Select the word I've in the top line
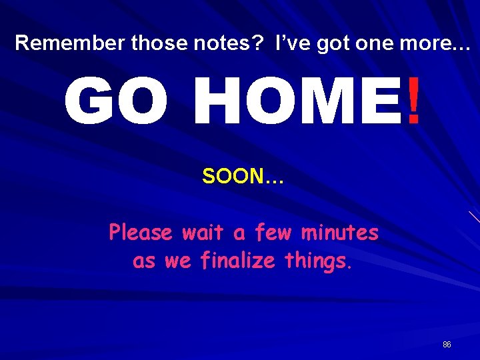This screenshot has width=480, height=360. (x=292, y=43)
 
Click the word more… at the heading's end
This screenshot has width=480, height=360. (x=442, y=43)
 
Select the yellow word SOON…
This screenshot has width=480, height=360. (x=243, y=177)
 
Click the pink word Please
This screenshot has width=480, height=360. (x=141, y=233)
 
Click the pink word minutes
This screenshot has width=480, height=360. (x=340, y=233)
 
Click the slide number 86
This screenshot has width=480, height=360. (x=447, y=345)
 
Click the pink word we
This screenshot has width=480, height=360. (x=177, y=261)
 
